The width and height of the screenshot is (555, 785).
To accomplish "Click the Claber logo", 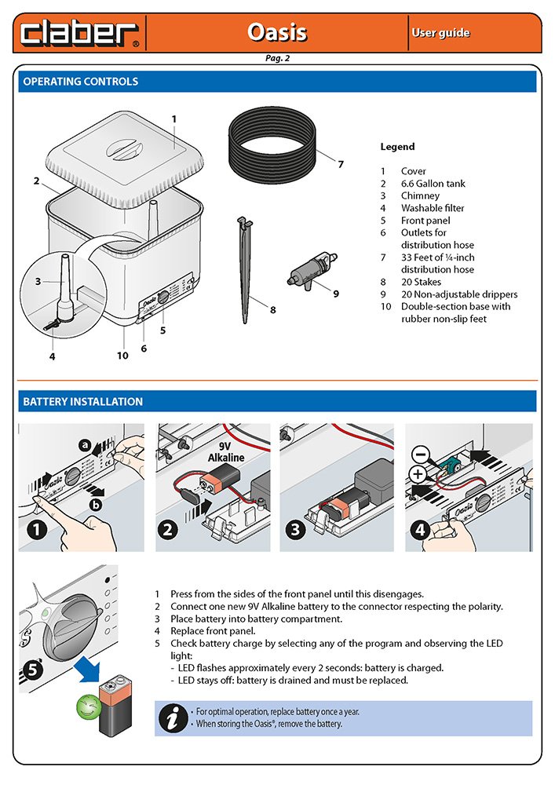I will click(x=79, y=33).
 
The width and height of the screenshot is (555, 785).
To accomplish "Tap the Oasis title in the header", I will click(x=276, y=33).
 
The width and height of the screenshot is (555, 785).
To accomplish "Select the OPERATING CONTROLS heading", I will click(x=81, y=82).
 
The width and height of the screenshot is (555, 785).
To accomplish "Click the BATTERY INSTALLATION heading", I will click(x=83, y=402).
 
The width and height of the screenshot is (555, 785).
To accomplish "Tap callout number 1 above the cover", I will click(x=174, y=119).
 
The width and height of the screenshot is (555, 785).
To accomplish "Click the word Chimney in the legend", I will click(x=420, y=195).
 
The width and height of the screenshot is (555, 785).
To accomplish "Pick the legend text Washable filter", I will click(x=433, y=208).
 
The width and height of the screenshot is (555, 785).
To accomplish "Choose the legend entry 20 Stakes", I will click(x=421, y=282).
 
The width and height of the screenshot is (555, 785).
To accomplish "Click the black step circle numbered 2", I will click(x=167, y=529).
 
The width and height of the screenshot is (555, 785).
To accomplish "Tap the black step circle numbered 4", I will click(x=419, y=529).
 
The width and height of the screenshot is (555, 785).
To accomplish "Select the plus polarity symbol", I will click(x=418, y=474).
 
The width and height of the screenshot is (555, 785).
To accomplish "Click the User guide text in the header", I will click(x=440, y=33).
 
